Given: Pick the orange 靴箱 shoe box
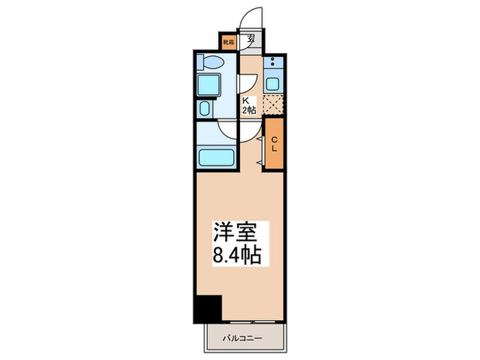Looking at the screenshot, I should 228,42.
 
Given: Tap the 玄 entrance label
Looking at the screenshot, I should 252,39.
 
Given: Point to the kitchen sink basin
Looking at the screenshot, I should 273,84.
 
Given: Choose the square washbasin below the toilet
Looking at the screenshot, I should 208,85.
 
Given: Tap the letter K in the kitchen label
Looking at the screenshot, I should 243,100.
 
